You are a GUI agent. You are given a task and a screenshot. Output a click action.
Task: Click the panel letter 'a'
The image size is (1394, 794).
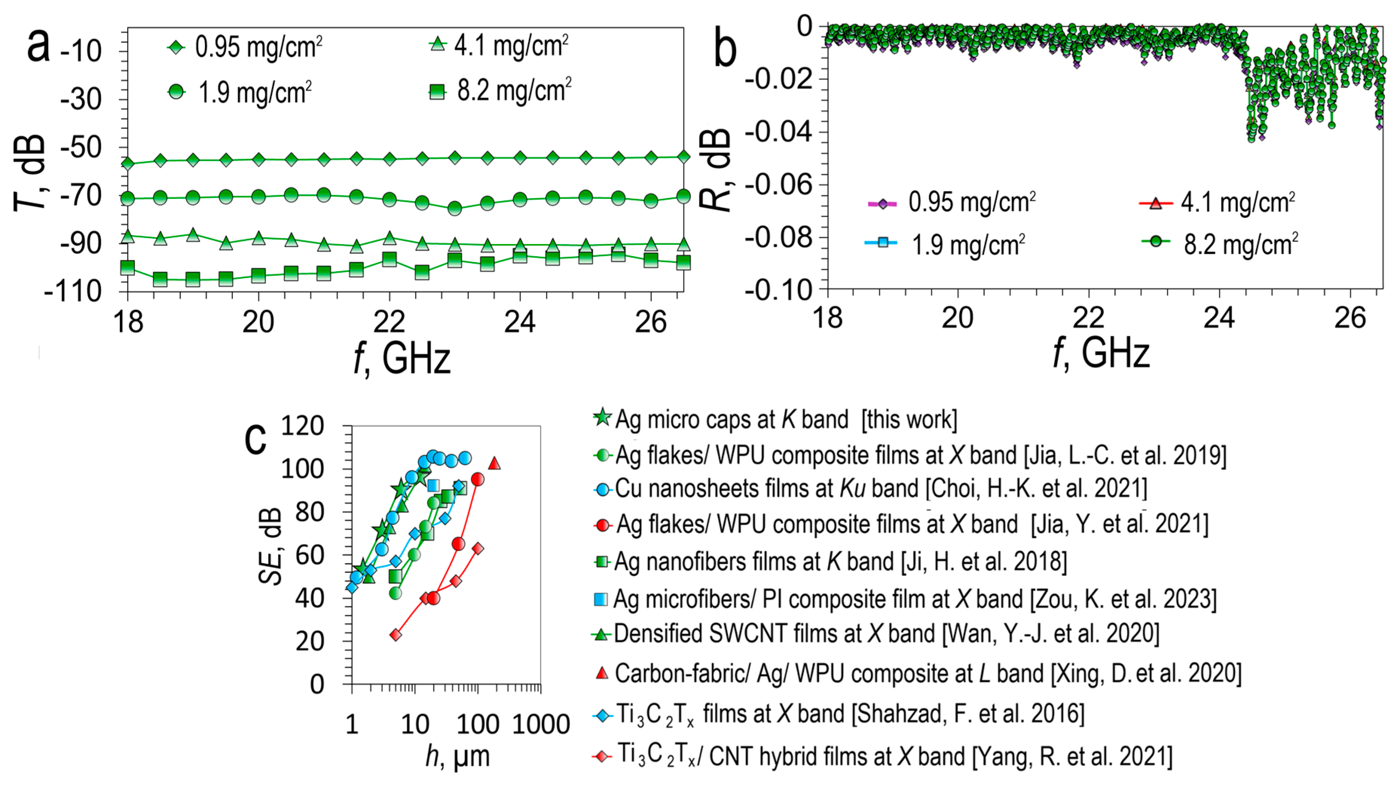(x=38, y=46)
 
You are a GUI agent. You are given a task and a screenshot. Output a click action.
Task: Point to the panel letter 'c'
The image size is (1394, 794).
(x=255, y=438)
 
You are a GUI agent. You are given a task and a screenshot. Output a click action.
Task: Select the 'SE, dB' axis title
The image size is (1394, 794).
(x=271, y=546)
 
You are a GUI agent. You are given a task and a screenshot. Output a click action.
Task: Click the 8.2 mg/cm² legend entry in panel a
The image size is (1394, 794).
(x=502, y=92)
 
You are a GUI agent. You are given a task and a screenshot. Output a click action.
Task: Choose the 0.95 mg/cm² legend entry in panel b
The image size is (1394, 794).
(x=952, y=203)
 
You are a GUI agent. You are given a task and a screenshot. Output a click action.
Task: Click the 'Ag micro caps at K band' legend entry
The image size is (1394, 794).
(x=774, y=419)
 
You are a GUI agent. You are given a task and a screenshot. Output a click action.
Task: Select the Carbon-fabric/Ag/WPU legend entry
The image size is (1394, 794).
(x=916, y=673)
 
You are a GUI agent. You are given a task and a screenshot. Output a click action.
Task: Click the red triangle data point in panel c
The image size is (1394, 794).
(x=494, y=464)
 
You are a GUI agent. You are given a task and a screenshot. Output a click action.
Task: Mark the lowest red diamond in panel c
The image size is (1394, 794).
(x=396, y=635)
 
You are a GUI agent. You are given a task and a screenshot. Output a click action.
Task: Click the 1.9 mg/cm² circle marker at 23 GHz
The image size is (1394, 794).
(x=454, y=208)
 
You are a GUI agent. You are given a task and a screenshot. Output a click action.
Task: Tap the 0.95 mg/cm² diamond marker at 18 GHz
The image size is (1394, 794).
(x=128, y=163)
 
